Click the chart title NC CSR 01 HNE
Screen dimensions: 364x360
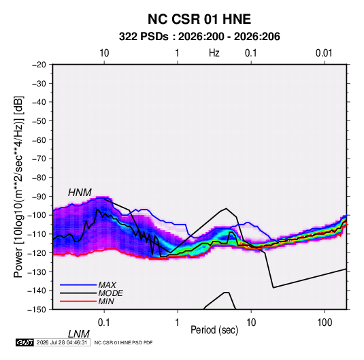[199, 19]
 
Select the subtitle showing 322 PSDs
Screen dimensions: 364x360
[199, 37]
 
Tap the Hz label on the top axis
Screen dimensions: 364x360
[214, 53]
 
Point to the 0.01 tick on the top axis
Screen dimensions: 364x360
[324, 53]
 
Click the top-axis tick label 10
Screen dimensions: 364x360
[104, 53]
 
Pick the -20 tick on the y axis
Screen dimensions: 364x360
[39, 65]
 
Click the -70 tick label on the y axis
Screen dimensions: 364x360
[39, 159]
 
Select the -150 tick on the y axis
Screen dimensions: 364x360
[37, 309]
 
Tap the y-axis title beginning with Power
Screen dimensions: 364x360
[18, 187]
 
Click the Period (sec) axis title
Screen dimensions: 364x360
[214, 329]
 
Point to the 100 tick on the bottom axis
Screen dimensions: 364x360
[325, 322]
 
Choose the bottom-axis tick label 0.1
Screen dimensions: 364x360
[104, 322]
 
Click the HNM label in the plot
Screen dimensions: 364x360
[80, 193]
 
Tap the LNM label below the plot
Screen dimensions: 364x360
[78, 334]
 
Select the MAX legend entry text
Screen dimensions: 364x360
[107, 284]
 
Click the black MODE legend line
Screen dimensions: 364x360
[78, 293]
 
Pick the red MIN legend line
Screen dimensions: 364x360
[78, 301]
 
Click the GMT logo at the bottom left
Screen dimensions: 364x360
[25, 342]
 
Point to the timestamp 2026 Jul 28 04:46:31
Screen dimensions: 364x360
[62, 342]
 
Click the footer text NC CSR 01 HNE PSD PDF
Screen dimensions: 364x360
[124, 342]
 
